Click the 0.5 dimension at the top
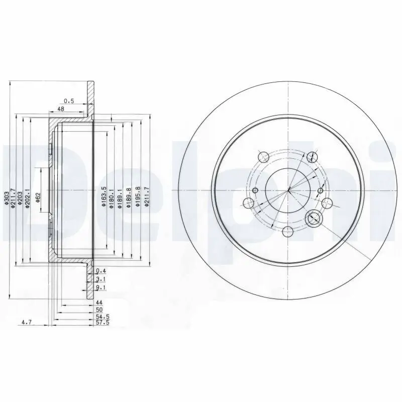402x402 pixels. (x=69, y=101)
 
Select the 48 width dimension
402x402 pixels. (x=61, y=109)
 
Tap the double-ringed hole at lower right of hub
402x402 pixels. (x=314, y=218)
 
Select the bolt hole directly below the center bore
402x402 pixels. (x=287, y=231)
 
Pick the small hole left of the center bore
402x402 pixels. (x=255, y=190)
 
